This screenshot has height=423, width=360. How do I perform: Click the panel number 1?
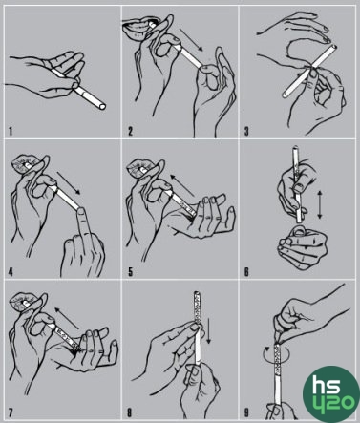point(11,131)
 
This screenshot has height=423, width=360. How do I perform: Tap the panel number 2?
point(130,131)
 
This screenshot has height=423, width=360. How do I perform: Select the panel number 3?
point(246,131)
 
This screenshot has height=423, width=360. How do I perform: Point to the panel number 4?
point(11,272)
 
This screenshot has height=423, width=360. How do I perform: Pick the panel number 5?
point(130,272)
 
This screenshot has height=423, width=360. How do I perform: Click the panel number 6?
point(246,272)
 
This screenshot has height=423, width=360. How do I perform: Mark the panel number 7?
point(11,412)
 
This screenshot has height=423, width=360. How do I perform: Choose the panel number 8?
point(130,412)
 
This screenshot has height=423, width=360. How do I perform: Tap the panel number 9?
point(246,412)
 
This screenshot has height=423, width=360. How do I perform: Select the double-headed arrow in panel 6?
point(320,205)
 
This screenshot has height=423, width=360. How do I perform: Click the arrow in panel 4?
point(69,183)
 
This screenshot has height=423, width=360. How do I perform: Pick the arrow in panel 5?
point(181,185)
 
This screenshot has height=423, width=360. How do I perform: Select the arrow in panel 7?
point(67,318)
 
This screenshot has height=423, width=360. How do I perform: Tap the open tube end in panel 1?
point(102,107)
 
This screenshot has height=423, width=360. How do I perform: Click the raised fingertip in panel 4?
point(82,211)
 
